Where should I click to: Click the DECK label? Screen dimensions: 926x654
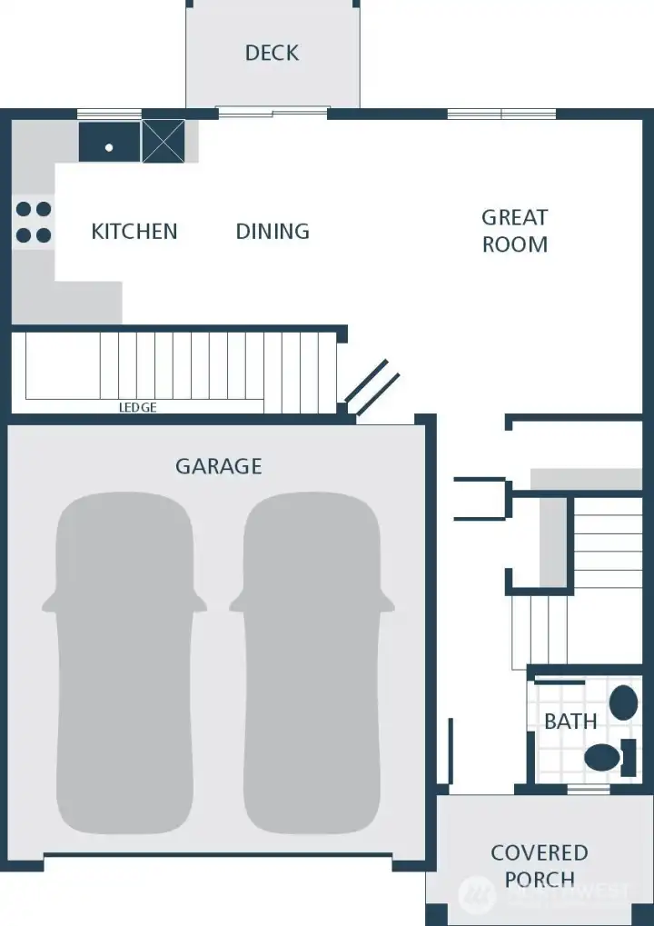(272, 53)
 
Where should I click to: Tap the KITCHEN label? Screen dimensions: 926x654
(134, 232)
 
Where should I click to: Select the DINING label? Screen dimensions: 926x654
(272, 232)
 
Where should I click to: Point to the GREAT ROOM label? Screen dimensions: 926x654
(514, 231)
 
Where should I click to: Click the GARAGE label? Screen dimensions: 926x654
(218, 466)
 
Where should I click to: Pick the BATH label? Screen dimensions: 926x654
(570, 722)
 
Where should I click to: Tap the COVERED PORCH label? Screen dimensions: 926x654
(540, 865)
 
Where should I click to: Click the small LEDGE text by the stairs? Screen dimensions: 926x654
(138, 408)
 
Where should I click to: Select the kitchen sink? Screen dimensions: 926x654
(109, 143)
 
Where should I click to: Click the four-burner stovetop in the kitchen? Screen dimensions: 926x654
(33, 222)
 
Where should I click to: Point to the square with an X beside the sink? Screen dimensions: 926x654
(163, 142)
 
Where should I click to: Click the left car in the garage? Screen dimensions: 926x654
(124, 663)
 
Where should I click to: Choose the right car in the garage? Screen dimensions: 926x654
(312, 663)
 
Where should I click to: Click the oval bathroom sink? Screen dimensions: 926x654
(622, 703)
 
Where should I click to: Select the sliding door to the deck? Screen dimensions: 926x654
(272, 113)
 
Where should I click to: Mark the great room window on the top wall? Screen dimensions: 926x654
(501, 114)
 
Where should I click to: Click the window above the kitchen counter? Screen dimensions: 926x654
(109, 114)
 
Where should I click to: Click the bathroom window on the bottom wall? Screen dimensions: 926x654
(589, 790)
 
